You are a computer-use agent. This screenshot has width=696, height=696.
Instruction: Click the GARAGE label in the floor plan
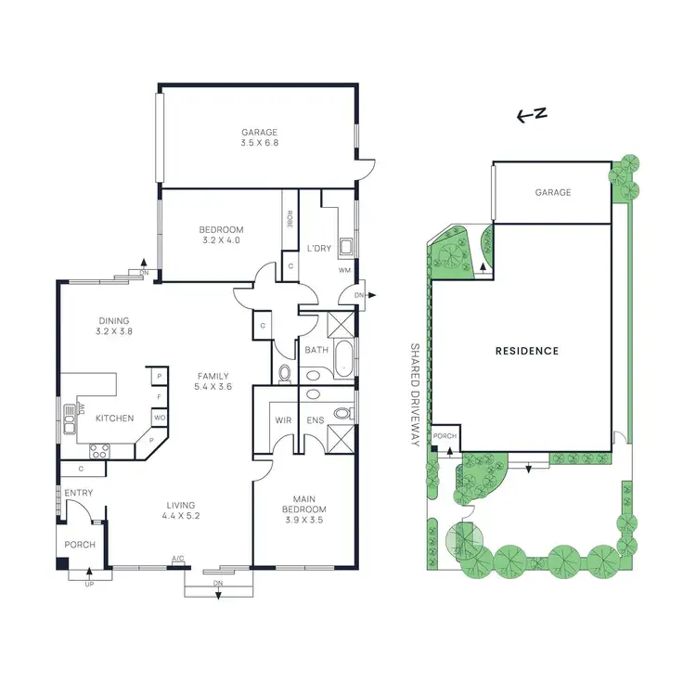(x=260, y=133)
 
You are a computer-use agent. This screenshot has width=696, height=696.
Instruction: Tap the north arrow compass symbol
(x=532, y=115)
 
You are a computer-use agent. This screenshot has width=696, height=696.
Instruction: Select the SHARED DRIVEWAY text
(x=416, y=394)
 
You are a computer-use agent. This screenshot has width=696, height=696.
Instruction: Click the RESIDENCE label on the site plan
(x=526, y=351)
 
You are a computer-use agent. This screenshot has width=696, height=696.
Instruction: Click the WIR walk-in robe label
(x=283, y=420)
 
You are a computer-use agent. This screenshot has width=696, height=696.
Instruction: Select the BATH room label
(x=316, y=350)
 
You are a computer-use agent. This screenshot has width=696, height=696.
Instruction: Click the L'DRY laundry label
(x=319, y=248)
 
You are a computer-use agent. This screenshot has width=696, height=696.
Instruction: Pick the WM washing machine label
(x=344, y=270)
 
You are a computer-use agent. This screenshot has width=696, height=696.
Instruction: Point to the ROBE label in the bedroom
(x=290, y=219)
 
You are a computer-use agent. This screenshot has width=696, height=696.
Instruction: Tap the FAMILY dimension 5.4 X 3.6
(x=213, y=387)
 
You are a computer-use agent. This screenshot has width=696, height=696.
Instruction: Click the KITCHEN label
(x=115, y=419)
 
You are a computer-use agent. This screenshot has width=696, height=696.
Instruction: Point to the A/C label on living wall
(x=177, y=560)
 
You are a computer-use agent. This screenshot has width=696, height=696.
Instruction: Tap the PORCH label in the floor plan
(x=80, y=545)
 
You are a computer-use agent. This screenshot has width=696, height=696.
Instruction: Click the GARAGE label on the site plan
(x=552, y=192)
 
